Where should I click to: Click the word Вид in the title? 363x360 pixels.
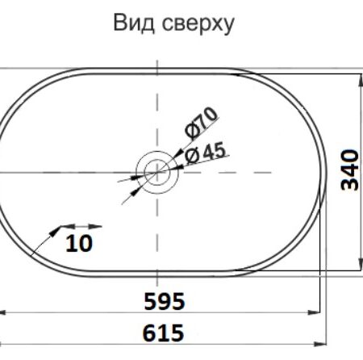pyautogui.click(x=134, y=23)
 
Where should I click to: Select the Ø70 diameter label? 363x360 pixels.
pyautogui.click(x=201, y=123)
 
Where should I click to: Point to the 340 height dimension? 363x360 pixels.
pyautogui.click(x=350, y=170)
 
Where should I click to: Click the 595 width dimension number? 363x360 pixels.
pyautogui.click(x=165, y=301)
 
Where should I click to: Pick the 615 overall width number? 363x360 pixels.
pyautogui.click(x=163, y=333)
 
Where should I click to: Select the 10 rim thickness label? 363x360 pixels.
pyautogui.click(x=79, y=243)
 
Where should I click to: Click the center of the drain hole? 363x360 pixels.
pyautogui.click(x=157, y=172)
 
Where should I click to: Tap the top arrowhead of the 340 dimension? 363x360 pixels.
pyautogui.click(x=360, y=80)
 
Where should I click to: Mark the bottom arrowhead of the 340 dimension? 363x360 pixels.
pyautogui.click(x=360, y=263)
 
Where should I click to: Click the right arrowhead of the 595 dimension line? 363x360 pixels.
pyautogui.click(x=314, y=312)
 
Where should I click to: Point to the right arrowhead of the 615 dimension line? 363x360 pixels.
pyautogui.click(x=320, y=344)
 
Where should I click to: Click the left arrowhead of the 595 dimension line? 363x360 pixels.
pyautogui.click(x=2, y=312)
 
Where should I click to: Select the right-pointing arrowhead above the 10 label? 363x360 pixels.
pyautogui.click(x=95, y=227)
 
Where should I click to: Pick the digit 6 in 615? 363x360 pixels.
pyautogui.click(x=149, y=333)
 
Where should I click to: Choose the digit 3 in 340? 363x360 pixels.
pyautogui.click(x=350, y=184)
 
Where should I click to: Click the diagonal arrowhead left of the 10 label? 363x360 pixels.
pyautogui.click(x=56, y=232)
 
